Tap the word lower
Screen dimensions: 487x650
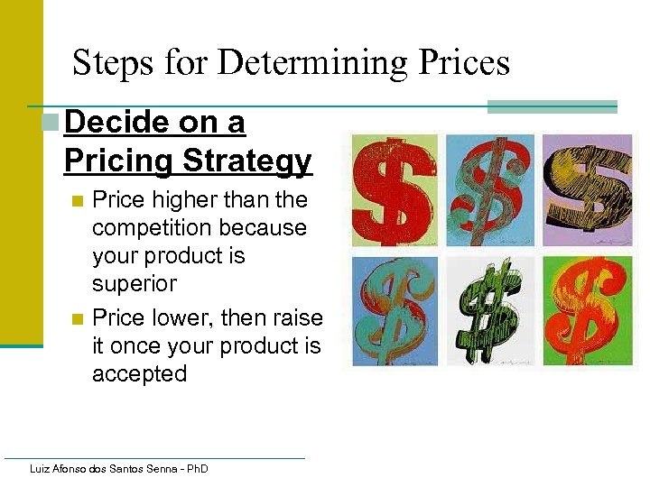click(x=180, y=317)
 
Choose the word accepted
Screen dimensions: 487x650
click(x=140, y=373)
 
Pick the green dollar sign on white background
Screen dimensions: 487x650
click(x=490, y=311)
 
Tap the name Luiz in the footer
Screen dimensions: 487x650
click(x=41, y=469)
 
